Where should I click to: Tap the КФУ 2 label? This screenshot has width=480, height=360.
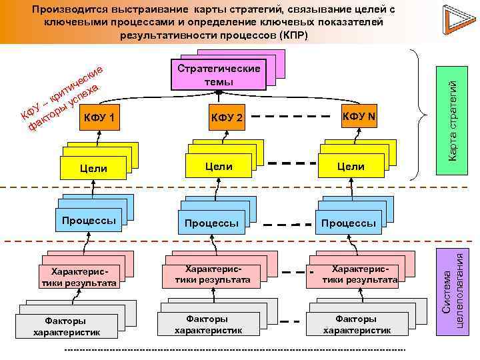[228, 118]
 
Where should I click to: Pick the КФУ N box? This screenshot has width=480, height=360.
[360, 117]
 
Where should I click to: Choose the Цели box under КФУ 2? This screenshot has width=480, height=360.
[219, 166]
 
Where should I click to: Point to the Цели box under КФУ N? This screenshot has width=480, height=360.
[351, 166]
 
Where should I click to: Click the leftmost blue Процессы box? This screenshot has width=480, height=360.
[89, 221]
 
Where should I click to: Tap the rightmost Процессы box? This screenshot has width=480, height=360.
[348, 223]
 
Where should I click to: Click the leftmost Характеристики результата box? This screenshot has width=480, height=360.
[78, 277]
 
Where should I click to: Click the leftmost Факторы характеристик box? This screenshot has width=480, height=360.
[67, 327]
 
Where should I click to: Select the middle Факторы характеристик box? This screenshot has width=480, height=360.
[207, 325]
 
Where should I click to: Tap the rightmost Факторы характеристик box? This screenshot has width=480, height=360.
[357, 325]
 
